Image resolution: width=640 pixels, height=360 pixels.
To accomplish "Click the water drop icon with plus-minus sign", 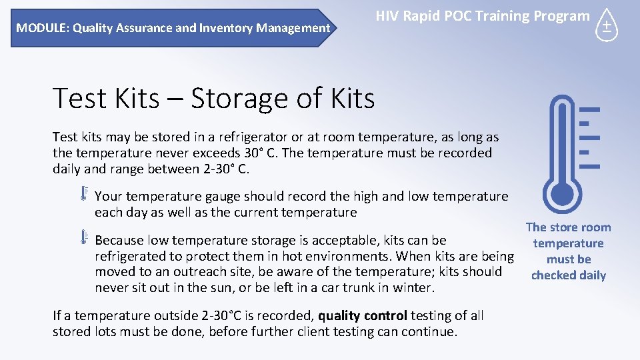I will point(607,27).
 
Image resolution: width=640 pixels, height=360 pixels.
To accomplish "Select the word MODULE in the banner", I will point(41,28).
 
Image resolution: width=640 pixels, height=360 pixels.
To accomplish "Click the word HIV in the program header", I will point(387,16).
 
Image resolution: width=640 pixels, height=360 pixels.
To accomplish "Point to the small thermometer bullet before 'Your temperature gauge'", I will point(85,194).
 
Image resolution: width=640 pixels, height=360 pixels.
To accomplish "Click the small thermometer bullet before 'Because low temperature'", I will point(85,237).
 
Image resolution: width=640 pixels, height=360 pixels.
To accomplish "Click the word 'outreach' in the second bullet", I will point(202,271).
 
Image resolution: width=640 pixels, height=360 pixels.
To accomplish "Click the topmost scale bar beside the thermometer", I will point(590,109).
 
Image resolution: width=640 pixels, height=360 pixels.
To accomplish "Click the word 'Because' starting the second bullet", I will point(120,240).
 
